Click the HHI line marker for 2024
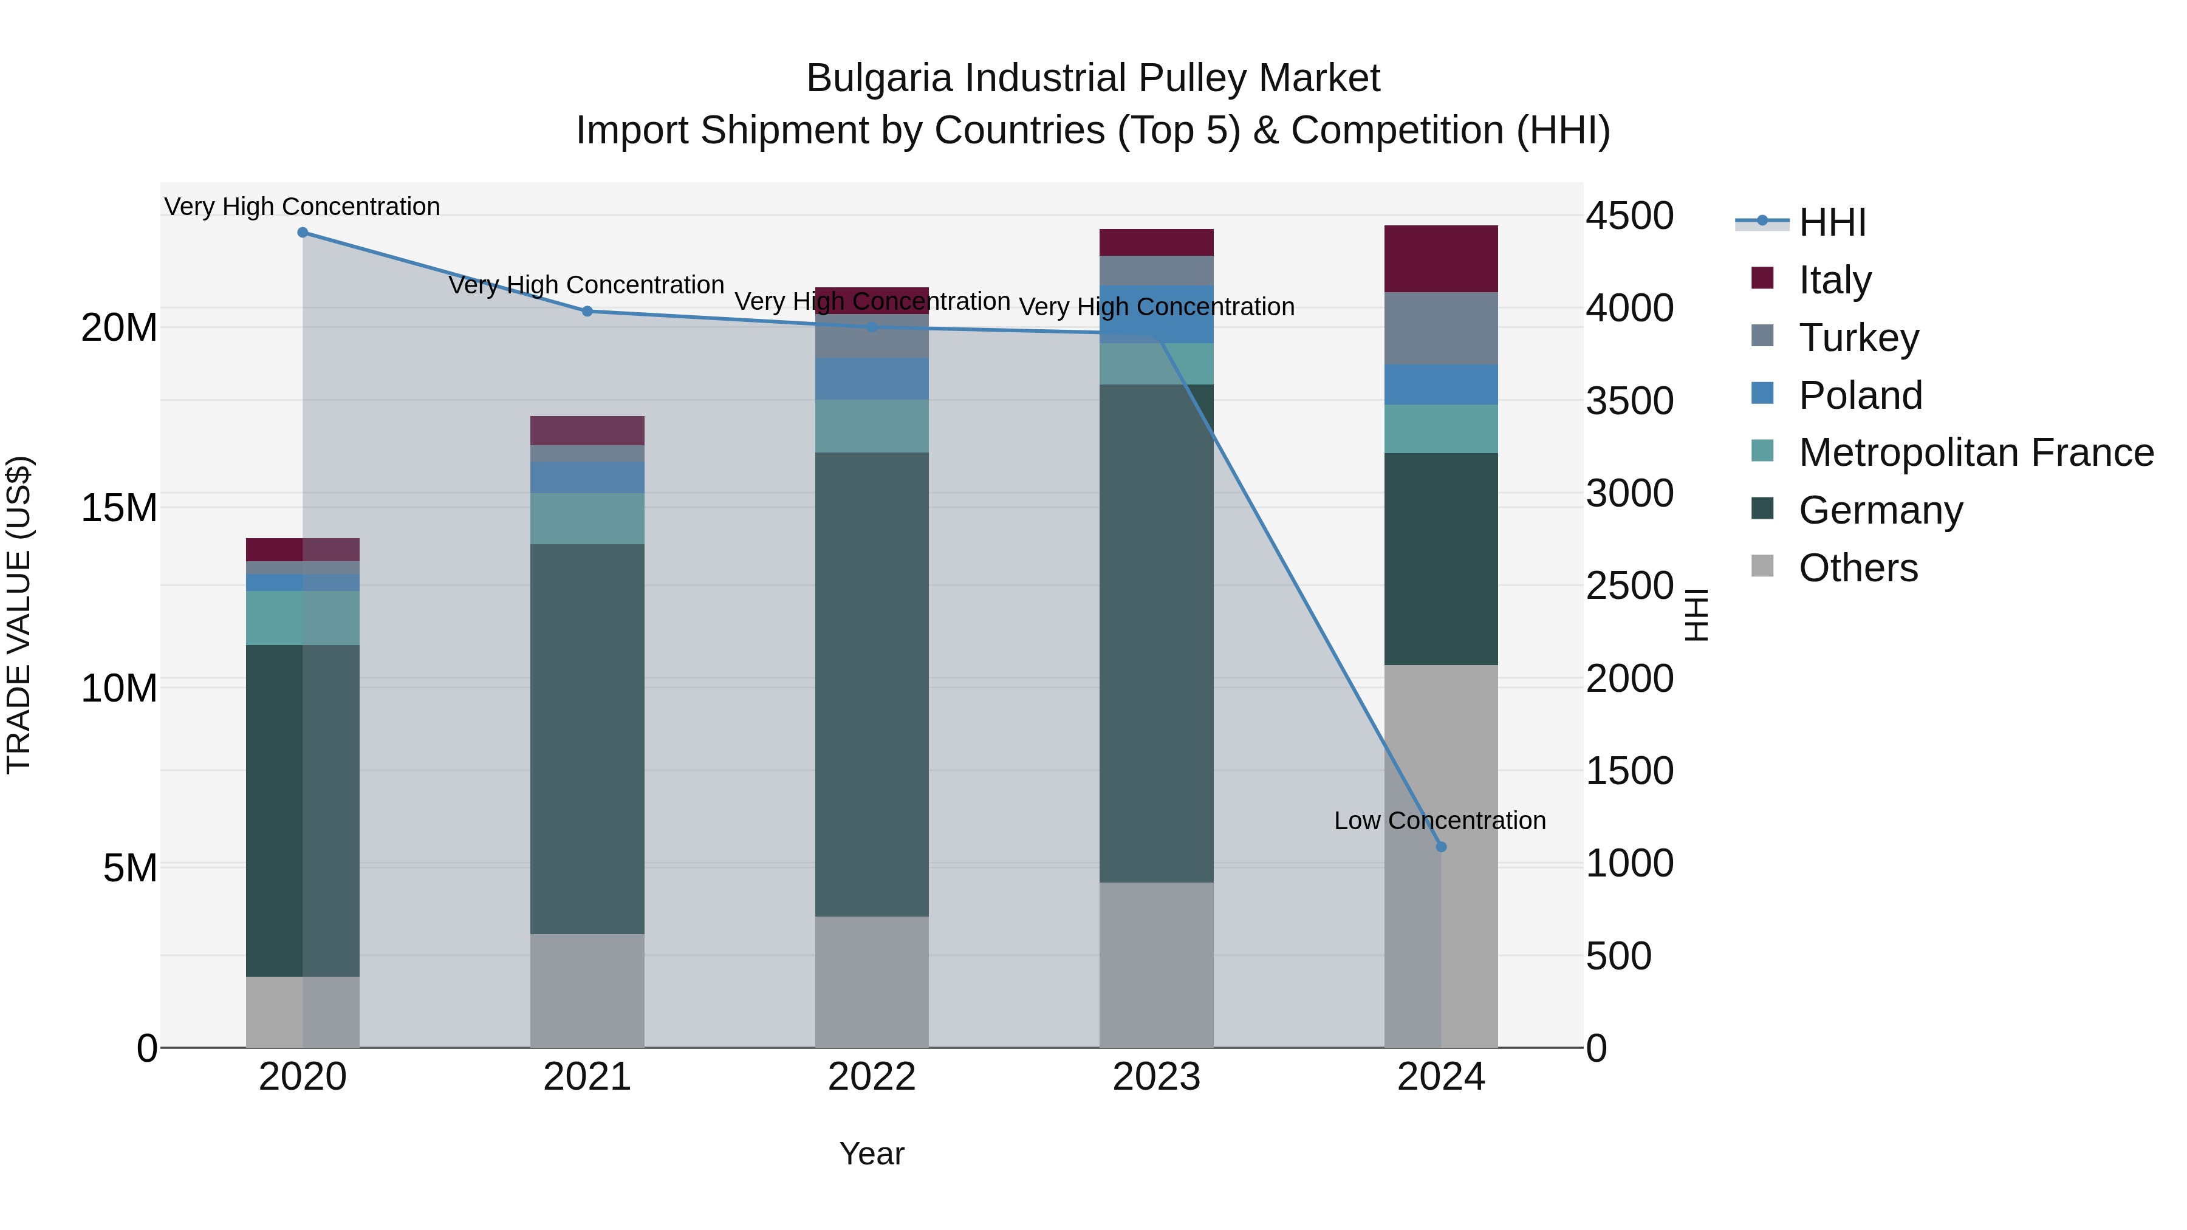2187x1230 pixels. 1441,846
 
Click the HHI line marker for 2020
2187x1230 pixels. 303,233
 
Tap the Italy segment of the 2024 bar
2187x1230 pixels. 1441,259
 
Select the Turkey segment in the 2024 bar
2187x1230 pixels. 1441,329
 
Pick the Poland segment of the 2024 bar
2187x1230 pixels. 1441,384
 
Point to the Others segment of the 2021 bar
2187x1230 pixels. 587,991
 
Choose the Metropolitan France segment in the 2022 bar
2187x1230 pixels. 872,426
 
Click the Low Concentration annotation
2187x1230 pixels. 1439,821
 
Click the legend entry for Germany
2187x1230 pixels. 1880,510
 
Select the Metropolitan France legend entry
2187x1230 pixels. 1976,453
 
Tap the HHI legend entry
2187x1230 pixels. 1831,222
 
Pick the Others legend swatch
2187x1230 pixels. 1762,566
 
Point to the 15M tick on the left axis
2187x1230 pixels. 119,508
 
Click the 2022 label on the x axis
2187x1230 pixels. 872,1077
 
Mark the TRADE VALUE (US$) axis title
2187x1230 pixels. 19,615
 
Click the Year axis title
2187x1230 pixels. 872,1153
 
